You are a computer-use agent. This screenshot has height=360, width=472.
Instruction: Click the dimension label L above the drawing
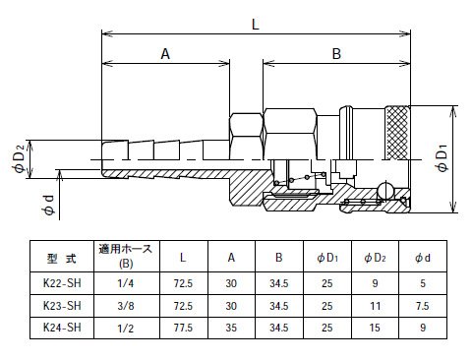click(256, 25)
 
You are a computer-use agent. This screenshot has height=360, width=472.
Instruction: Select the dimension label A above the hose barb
click(165, 54)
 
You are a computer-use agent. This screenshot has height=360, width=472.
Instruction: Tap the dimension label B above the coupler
click(336, 54)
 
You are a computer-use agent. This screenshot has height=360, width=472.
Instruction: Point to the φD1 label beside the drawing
click(442, 158)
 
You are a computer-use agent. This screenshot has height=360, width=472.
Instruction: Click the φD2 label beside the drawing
click(20, 158)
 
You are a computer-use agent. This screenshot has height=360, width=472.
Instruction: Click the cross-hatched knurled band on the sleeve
click(397, 133)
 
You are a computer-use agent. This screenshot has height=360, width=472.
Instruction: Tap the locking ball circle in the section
click(385, 191)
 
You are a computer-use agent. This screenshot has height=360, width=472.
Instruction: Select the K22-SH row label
click(62, 283)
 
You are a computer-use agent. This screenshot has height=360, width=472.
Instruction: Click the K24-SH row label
click(62, 328)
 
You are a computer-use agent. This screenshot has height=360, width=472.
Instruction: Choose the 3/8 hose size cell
click(126, 306)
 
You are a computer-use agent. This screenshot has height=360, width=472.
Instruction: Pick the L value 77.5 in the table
click(183, 328)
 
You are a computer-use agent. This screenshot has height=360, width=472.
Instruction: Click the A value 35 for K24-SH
click(231, 328)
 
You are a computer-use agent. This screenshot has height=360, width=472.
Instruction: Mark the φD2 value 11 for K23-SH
click(376, 306)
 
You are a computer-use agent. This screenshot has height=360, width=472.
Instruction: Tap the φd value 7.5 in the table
click(423, 306)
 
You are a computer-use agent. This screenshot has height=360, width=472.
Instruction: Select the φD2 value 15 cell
click(376, 328)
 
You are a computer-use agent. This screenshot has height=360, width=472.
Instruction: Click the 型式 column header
click(62, 259)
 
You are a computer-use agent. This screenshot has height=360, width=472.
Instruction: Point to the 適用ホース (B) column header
click(126, 256)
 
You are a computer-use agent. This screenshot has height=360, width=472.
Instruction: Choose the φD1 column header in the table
click(327, 258)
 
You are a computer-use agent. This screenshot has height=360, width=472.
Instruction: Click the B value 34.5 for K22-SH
click(279, 283)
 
